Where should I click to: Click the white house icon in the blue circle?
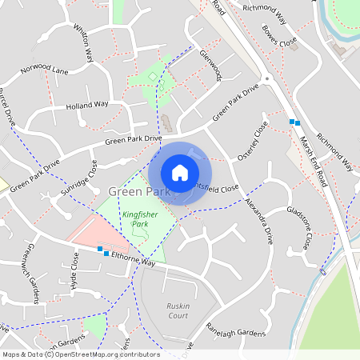pos(180,173)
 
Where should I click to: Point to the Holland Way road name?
pos(87,104)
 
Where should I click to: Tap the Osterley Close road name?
pos(261,139)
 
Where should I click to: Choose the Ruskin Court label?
pos(178,310)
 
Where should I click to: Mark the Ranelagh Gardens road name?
pos(234,330)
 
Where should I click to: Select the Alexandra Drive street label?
pos(259,221)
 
